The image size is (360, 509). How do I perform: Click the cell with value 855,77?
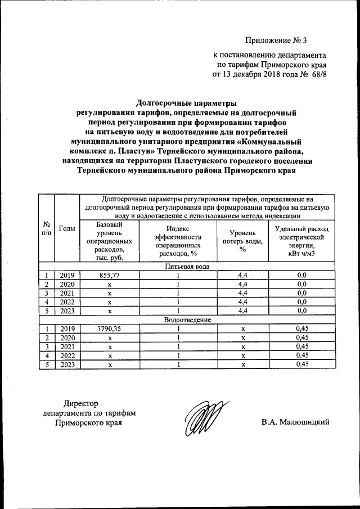pyautogui.click(x=110, y=275)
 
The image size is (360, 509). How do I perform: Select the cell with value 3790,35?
pyautogui.click(x=110, y=328)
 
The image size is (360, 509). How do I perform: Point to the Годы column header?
pyautogui.click(x=67, y=228)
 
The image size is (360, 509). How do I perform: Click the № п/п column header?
pyautogui.click(x=46, y=228)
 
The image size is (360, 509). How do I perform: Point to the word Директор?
pyautogui.click(x=81, y=403)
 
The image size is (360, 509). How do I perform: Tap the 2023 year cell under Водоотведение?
pyautogui.click(x=67, y=364)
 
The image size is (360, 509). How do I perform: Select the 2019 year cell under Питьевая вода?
pyautogui.click(x=67, y=275)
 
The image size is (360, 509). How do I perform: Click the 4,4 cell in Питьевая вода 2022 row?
pyautogui.click(x=242, y=302)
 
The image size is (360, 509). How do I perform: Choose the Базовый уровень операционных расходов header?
pyautogui.click(x=110, y=241)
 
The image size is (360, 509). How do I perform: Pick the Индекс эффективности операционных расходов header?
pyautogui.click(x=178, y=241)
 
